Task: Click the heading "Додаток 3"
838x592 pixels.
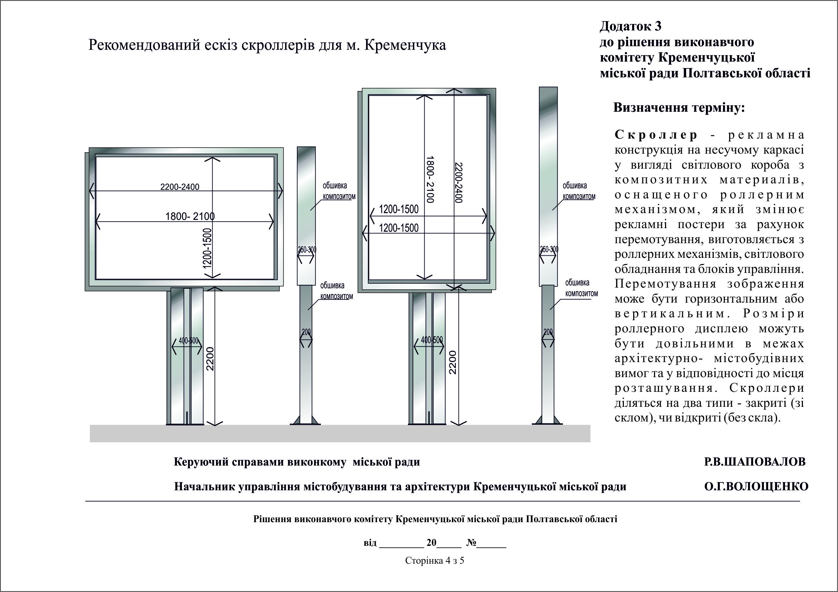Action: point(630,26)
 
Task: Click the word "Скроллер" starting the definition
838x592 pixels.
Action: point(656,135)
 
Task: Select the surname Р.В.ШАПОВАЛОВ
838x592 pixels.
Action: point(755,462)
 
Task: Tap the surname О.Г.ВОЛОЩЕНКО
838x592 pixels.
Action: point(756,486)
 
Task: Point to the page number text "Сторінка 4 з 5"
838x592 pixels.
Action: point(434,560)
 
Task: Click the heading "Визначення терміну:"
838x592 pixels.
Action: point(679,108)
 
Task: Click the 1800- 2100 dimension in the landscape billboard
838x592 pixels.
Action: point(190,216)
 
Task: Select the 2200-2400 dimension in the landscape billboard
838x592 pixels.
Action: point(179,187)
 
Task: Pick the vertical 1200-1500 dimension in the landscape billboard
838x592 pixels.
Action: point(207,248)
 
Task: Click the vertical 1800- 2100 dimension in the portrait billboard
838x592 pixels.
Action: point(430,179)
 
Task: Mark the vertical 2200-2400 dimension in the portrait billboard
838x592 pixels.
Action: point(459,182)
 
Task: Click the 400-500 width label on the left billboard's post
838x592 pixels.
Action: point(188,341)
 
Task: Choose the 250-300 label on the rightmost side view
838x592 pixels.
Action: point(549,250)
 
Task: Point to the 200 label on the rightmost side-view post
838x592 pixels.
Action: point(548,332)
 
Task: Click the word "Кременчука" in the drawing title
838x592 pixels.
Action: point(405,45)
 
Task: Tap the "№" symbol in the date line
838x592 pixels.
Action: point(471,543)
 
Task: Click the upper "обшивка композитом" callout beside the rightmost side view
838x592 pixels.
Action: point(579,191)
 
